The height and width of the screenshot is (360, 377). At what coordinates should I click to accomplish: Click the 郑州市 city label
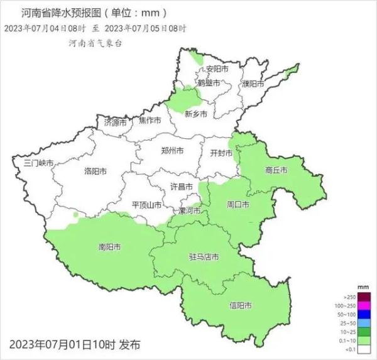click(172, 151)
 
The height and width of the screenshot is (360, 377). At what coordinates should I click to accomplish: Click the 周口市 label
click(238, 205)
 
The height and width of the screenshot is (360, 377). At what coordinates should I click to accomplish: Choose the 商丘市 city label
click(276, 170)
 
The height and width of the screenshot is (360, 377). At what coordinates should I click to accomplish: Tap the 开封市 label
click(221, 153)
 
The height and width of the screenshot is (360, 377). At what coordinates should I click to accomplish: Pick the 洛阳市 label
click(96, 171)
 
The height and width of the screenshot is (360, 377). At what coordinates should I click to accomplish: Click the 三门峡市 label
click(39, 163)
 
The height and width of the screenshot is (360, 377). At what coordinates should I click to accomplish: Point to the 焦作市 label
click(150, 120)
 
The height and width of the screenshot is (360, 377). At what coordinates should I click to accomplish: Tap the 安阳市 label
click(217, 68)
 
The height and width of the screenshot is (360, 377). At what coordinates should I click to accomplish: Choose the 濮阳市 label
click(253, 84)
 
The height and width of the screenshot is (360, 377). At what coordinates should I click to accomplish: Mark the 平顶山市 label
click(147, 205)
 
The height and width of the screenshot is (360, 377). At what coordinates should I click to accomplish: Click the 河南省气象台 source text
click(96, 41)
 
